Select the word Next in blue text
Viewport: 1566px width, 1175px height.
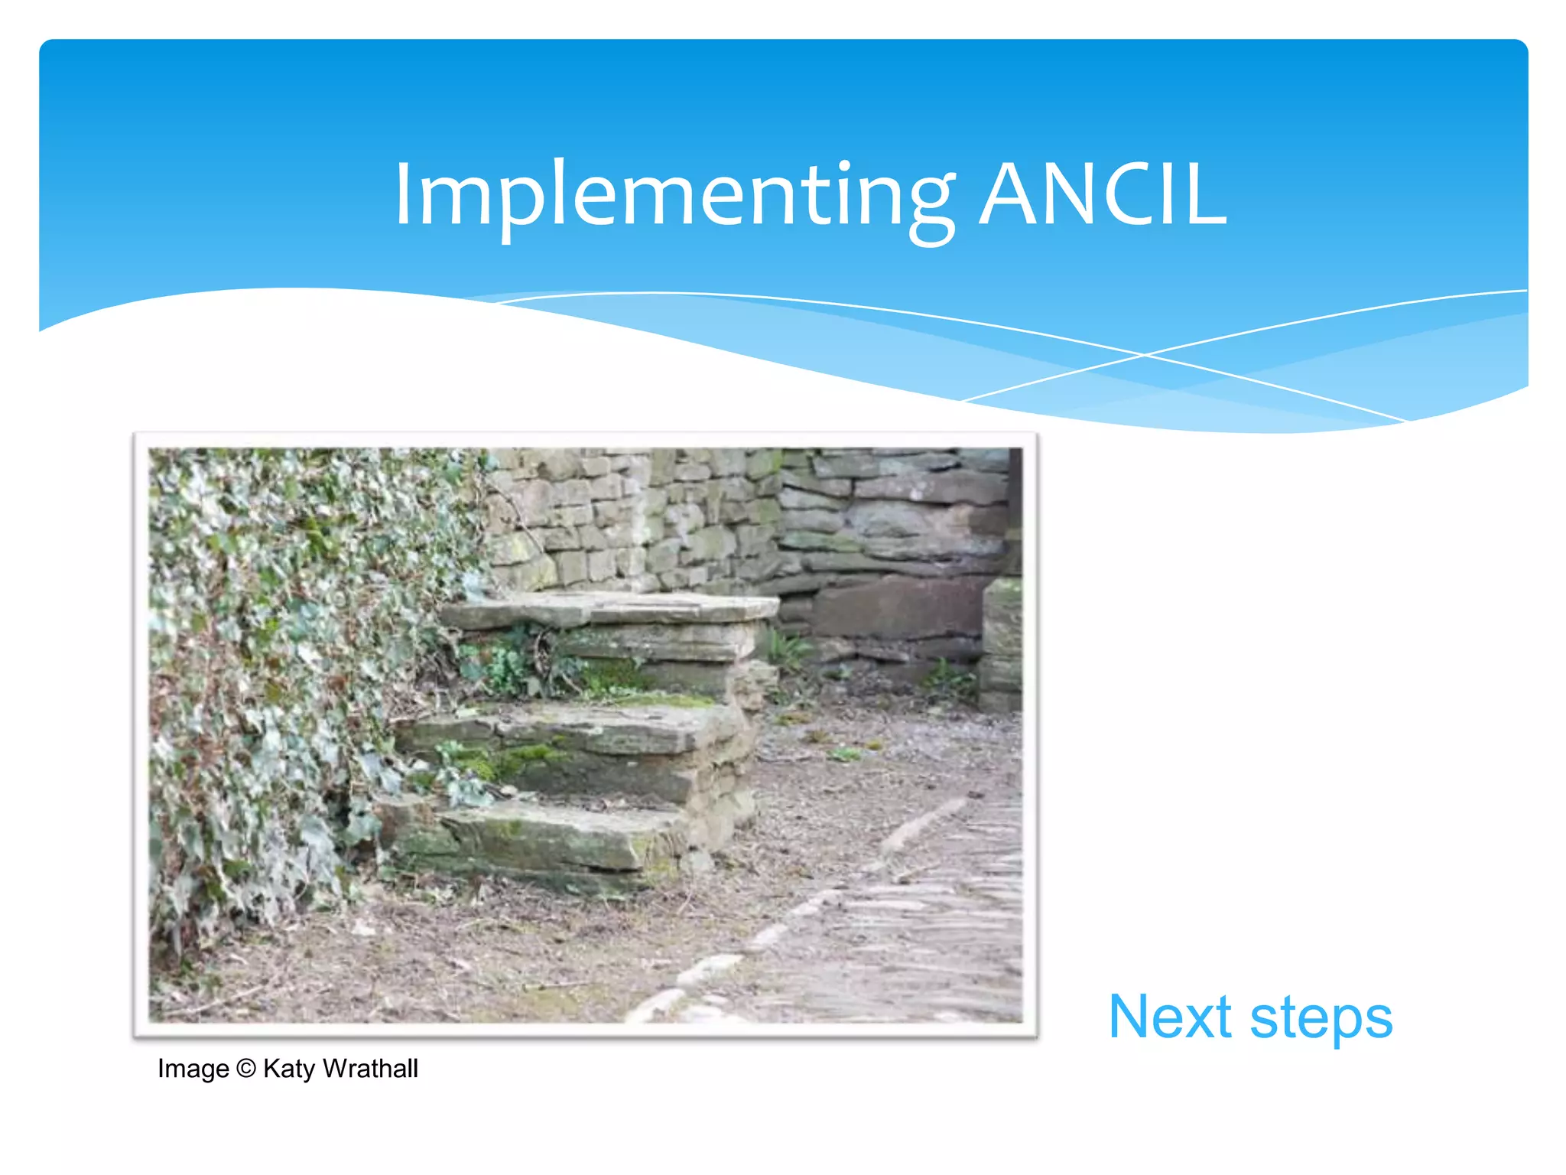tap(1170, 1017)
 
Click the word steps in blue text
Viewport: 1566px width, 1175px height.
tap(1321, 1019)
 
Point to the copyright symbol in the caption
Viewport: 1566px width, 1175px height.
tap(246, 1068)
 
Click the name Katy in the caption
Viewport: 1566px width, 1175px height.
tap(289, 1069)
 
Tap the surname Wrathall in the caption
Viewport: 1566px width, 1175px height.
tap(370, 1068)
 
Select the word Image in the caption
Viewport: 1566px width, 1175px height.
tap(193, 1069)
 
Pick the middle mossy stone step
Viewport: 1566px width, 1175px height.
tap(581, 731)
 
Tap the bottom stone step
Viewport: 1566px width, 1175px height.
tap(535, 838)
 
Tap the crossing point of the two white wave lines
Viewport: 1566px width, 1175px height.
tap(1145, 355)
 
